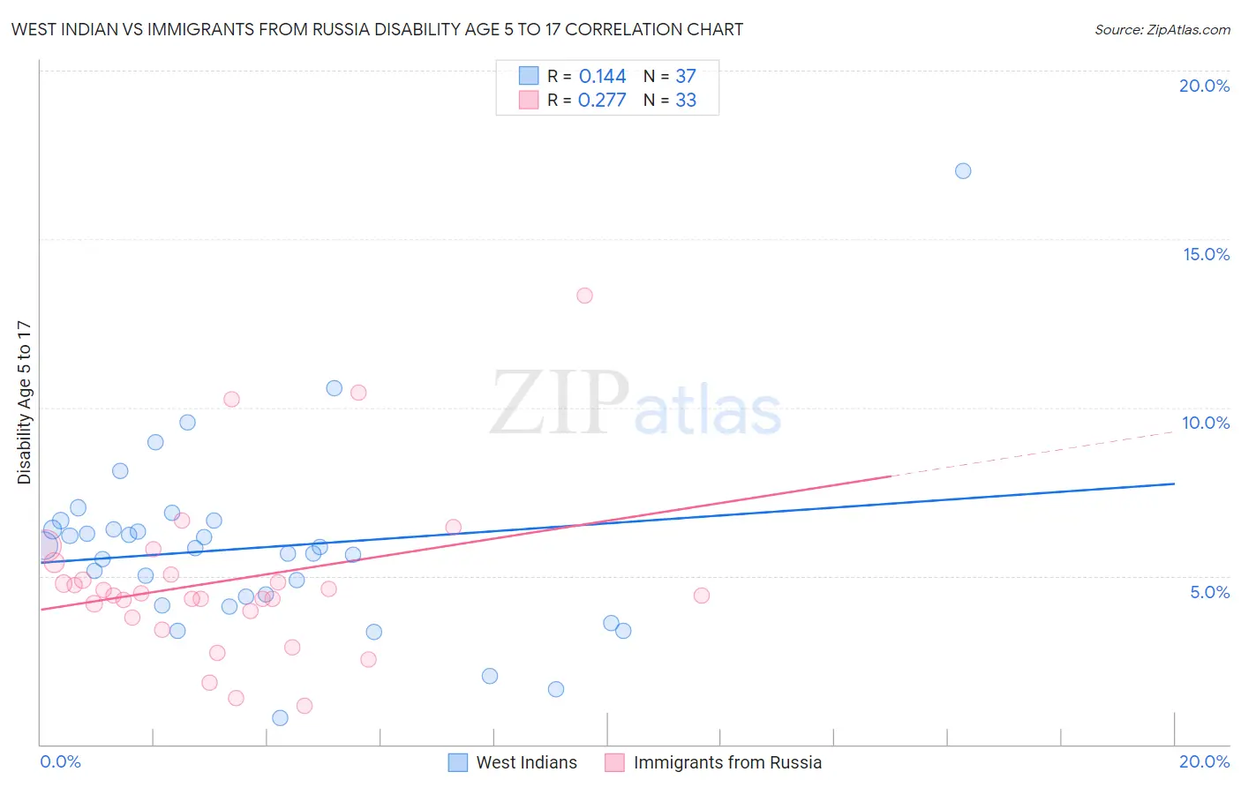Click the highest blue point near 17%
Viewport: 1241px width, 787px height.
click(963, 171)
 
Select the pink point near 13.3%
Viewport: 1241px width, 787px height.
click(584, 296)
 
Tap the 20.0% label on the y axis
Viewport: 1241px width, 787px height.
click(1204, 86)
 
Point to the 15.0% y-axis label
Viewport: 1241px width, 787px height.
click(1206, 254)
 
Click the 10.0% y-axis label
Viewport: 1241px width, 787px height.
click(1206, 423)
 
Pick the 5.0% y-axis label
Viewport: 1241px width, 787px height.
click(1209, 592)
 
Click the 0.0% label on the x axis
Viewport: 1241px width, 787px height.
click(60, 761)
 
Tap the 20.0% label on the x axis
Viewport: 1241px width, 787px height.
click(1204, 761)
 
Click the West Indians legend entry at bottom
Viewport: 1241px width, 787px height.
click(526, 762)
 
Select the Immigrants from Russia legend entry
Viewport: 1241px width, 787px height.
click(727, 762)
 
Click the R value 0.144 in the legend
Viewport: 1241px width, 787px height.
click(602, 77)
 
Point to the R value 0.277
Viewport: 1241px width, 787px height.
click(602, 101)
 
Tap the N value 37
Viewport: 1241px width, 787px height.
click(686, 77)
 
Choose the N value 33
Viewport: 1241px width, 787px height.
click(686, 101)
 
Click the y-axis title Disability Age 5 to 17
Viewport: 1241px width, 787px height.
click(25, 402)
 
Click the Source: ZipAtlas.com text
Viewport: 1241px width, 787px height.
click(1162, 30)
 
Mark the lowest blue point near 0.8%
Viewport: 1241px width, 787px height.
click(280, 718)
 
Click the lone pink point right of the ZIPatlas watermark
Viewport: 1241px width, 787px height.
click(702, 596)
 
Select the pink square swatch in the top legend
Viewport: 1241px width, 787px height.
click(529, 101)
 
